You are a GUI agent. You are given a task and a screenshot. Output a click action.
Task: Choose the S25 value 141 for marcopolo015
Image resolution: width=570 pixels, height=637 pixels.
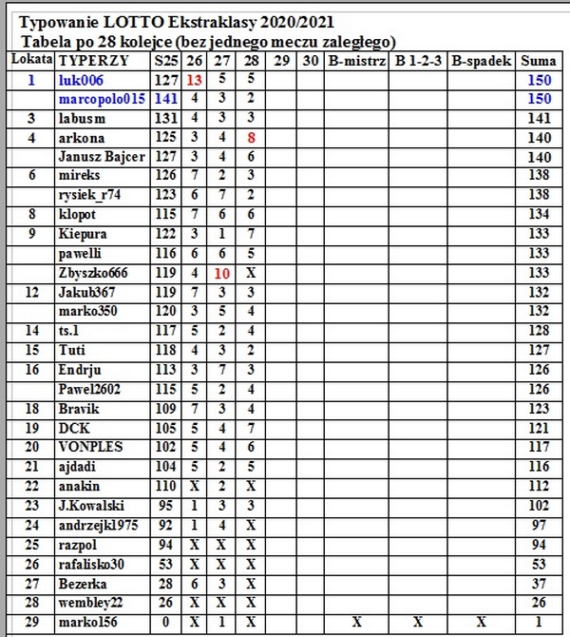coord(165,99)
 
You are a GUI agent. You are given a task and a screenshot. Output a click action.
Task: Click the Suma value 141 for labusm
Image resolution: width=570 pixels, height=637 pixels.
coord(540,119)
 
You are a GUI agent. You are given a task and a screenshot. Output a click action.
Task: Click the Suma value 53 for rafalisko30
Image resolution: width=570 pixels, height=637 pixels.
coord(540,563)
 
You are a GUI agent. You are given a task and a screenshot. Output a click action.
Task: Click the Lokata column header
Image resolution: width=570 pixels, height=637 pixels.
coord(31,59)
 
